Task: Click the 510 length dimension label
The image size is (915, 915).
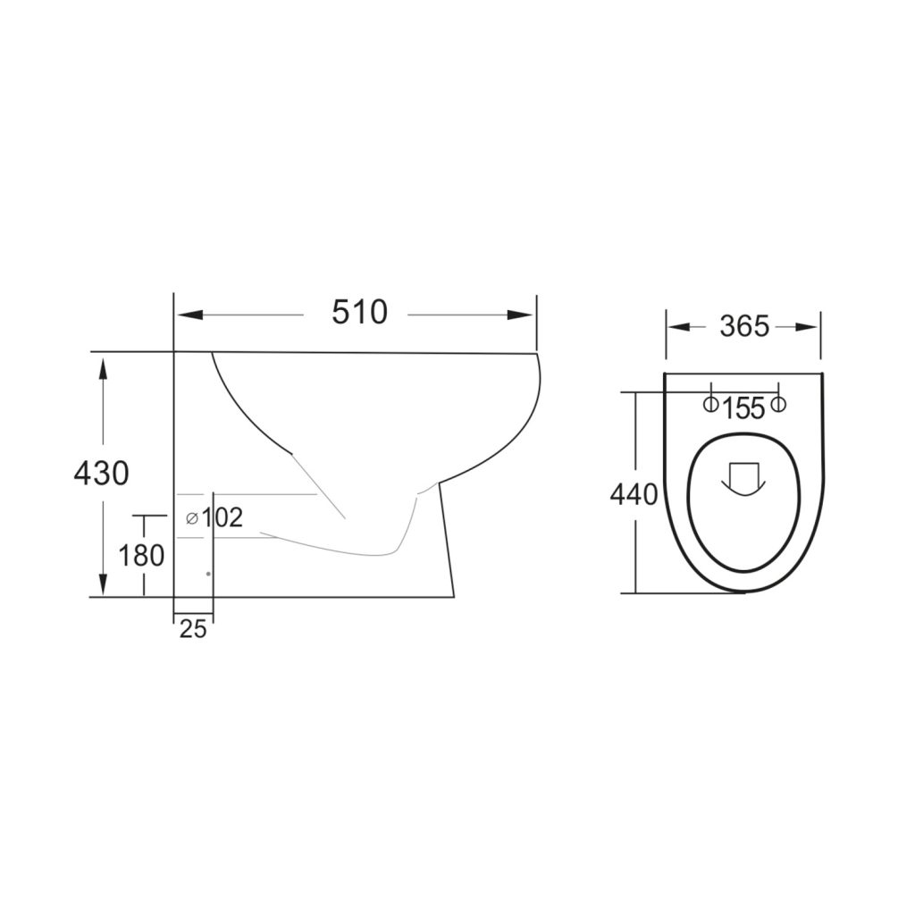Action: click(360, 313)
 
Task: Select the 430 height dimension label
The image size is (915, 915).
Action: click(101, 473)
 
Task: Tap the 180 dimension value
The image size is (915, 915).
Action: click(142, 556)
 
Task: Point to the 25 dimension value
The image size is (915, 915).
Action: click(193, 629)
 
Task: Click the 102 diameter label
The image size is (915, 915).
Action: click(222, 518)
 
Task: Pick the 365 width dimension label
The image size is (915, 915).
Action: click(743, 327)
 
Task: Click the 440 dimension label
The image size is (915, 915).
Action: click(634, 494)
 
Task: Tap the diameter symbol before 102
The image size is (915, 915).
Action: click(191, 518)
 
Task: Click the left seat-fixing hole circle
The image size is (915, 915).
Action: click(709, 405)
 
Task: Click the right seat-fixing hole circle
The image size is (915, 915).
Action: click(777, 405)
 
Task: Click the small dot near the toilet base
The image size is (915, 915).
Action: click(207, 574)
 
